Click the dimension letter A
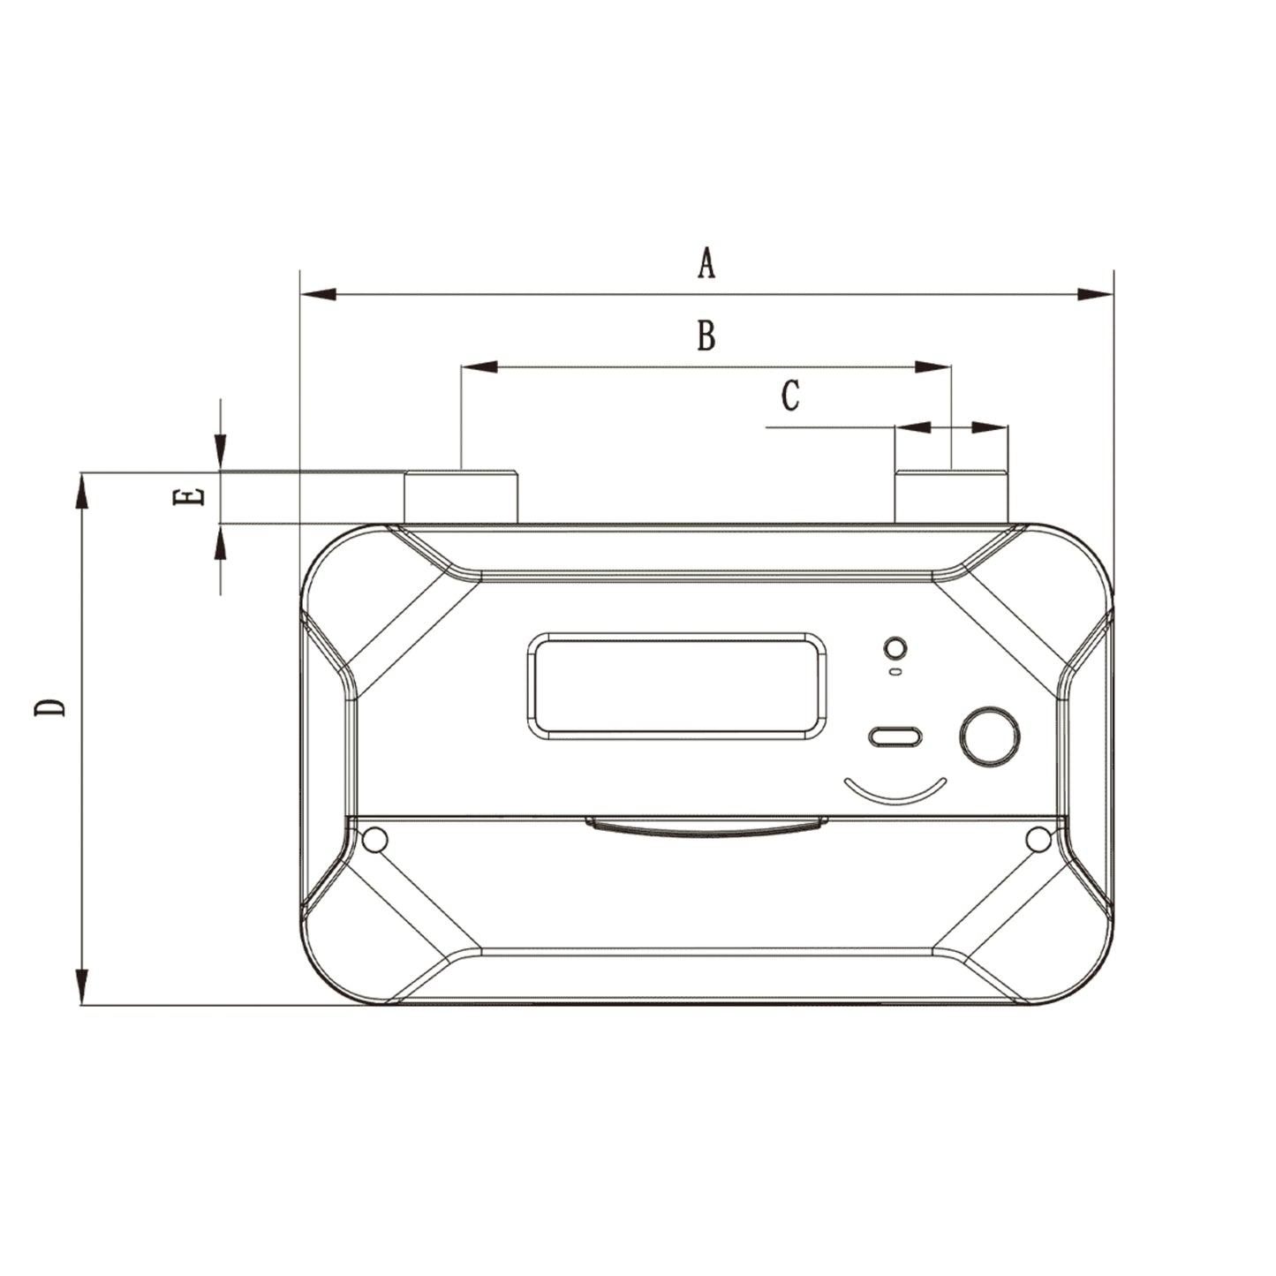706,263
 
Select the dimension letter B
706,336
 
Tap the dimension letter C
790,396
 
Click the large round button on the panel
989,736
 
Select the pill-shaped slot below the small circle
895,736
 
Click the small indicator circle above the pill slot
895,648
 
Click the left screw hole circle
375,840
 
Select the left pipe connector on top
460,498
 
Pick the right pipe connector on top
951,498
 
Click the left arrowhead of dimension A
318,293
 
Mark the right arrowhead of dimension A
1096,293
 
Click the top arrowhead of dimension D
82,491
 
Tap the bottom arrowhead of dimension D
82,985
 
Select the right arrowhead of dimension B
933,366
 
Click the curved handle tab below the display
706,827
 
